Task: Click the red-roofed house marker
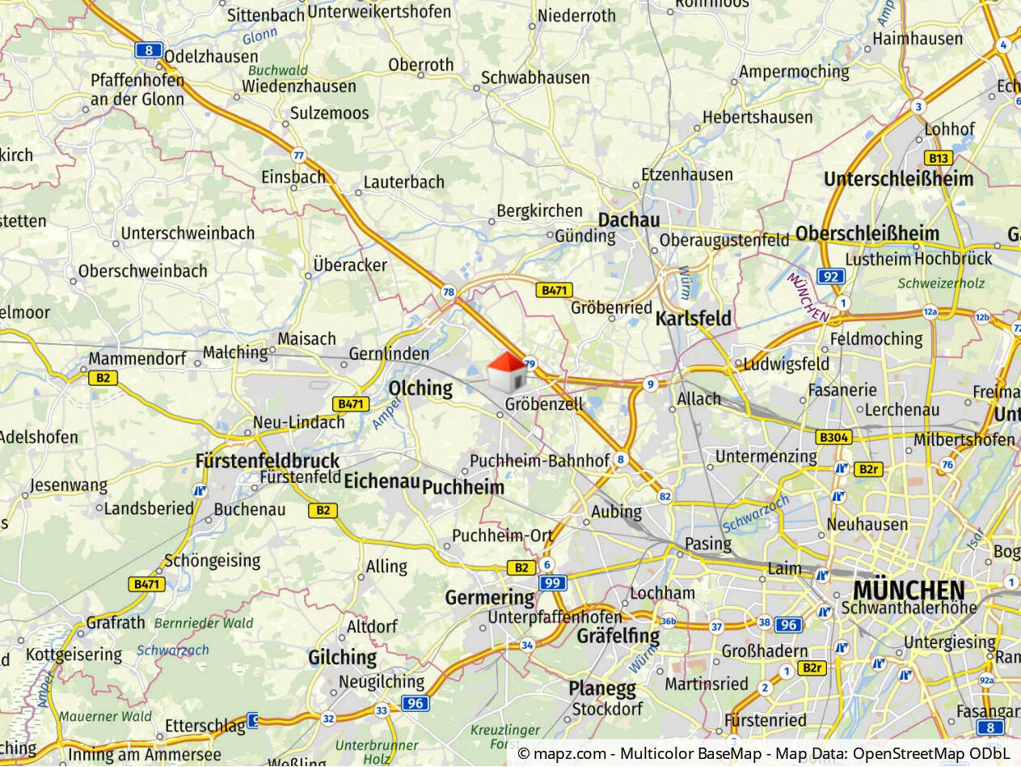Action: click(507, 372)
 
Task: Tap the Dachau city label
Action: click(628, 220)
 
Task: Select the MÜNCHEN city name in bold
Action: click(909, 590)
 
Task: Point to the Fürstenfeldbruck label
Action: click(268, 461)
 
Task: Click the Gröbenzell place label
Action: click(543, 404)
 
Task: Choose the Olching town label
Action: click(420, 388)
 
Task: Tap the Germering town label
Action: click(490, 598)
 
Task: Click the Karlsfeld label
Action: click(693, 319)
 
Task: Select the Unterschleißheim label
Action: click(898, 179)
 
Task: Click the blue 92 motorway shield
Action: click(830, 277)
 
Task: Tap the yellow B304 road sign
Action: click(833, 438)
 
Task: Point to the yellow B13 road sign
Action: click(938, 159)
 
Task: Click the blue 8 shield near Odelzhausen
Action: click(149, 50)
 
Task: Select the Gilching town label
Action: click(342, 658)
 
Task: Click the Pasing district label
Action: click(708, 543)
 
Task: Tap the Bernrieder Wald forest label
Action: click(204, 623)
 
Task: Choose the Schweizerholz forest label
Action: click(941, 284)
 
